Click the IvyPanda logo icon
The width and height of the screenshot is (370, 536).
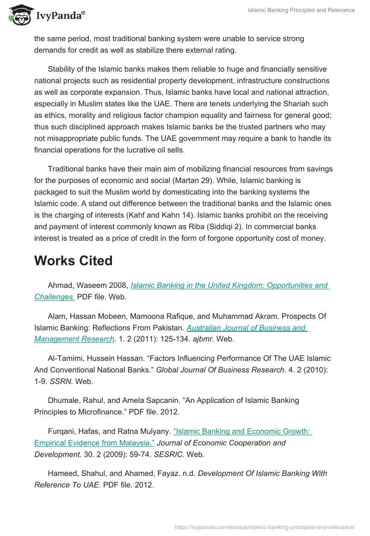[x=18, y=14]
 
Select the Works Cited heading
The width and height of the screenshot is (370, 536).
[x=73, y=261]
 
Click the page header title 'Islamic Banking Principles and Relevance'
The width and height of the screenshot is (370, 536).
[x=301, y=10]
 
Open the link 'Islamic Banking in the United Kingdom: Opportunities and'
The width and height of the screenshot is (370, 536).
[x=229, y=286]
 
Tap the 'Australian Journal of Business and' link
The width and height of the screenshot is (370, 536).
[x=247, y=328]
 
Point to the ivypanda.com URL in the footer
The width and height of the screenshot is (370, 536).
[x=265, y=527]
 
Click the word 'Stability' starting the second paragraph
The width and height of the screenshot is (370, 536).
[x=62, y=69]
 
